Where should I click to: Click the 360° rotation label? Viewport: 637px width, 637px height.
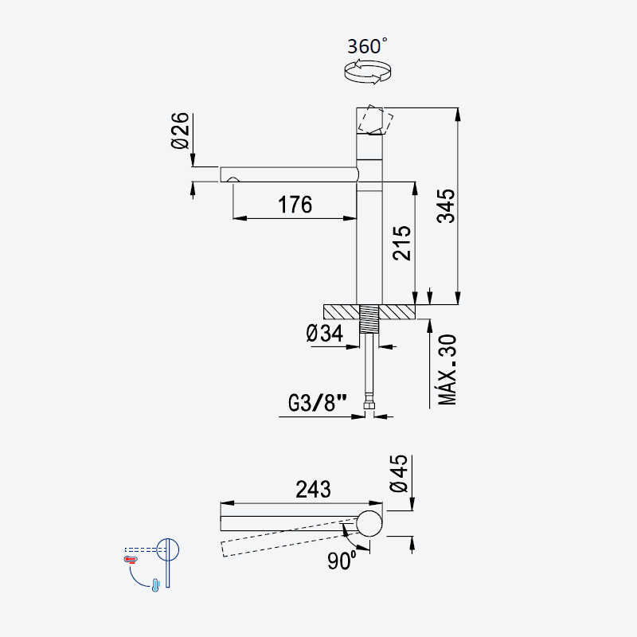(367, 46)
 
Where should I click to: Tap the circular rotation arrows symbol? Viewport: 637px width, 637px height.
(367, 72)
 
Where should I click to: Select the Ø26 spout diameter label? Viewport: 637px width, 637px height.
(180, 131)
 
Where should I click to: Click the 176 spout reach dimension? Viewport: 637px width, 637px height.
(295, 205)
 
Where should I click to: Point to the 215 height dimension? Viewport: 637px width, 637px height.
(402, 243)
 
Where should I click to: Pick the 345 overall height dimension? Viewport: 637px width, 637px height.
(446, 206)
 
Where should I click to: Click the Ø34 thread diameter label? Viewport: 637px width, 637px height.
(325, 334)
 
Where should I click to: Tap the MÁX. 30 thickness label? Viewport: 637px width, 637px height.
(447, 369)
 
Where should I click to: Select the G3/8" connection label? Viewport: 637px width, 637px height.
(318, 403)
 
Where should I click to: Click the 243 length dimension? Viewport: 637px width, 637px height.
(313, 490)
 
